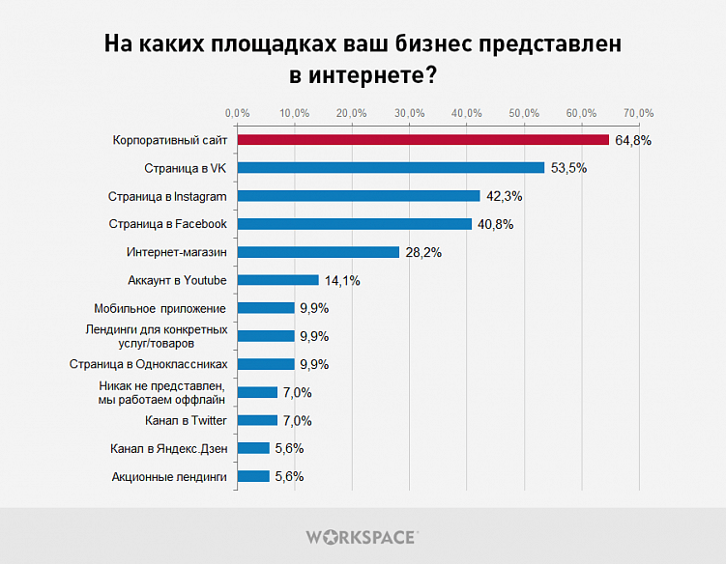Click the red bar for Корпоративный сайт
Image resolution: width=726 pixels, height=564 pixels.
[422, 140]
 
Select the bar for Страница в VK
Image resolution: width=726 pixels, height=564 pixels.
[391, 168]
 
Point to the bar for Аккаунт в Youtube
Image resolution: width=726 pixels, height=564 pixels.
[277, 280]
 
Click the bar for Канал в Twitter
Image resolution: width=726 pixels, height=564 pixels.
[257, 420]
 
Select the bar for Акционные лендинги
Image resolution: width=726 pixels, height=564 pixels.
[253, 476]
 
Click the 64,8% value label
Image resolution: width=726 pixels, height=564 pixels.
[633, 141]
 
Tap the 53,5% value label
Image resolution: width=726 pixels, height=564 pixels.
[568, 169]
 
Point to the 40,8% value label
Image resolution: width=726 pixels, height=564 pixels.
[496, 225]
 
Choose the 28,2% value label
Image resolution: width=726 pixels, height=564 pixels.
[423, 253]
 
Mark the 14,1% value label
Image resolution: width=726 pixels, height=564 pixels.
[342, 281]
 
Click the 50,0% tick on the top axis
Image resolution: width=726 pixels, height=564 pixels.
[524, 114]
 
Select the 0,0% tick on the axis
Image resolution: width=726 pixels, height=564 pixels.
[237, 114]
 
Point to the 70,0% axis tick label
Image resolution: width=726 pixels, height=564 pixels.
[639, 114]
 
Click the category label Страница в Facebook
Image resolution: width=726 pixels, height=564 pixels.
[168, 224]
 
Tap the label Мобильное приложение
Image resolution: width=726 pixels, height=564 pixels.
[160, 308]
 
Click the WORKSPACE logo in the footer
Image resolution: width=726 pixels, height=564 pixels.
[362, 536]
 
